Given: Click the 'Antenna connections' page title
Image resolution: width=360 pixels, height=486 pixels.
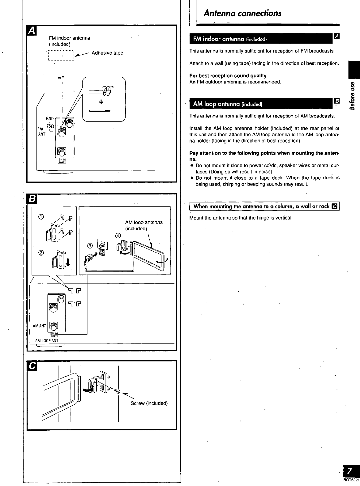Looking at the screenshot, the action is click(242, 13).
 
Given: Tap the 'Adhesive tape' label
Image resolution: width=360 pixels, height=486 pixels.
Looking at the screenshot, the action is click(107, 53).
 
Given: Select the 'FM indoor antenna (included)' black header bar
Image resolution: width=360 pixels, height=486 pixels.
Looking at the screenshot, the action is click(261, 39).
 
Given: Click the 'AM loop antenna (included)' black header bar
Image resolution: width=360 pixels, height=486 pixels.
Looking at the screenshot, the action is click(261, 104).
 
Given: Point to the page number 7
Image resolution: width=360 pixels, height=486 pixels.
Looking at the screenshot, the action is click(350, 471).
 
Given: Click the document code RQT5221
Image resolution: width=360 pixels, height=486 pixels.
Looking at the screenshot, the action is click(352, 480).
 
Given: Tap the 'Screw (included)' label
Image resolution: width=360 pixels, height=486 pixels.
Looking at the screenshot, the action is click(149, 403).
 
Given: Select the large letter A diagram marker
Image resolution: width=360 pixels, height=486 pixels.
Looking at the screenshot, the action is click(32, 31).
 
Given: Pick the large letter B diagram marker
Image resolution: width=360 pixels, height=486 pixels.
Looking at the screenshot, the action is click(32, 199).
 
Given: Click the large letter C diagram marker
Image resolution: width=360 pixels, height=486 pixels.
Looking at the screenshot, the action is click(32, 366).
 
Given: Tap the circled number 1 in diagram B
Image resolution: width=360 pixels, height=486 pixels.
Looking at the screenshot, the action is click(41, 217).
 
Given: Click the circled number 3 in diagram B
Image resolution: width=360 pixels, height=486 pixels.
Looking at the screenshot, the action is click(90, 246).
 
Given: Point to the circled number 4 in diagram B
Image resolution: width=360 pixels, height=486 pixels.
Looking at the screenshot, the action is click(118, 236).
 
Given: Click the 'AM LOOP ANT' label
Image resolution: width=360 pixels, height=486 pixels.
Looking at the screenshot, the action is click(47, 341).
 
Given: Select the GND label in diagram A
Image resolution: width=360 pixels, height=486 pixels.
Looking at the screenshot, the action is click(50, 118).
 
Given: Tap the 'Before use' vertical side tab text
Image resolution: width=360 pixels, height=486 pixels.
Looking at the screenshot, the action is click(352, 96).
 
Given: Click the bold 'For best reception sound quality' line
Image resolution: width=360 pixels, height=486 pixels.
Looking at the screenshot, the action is click(228, 76).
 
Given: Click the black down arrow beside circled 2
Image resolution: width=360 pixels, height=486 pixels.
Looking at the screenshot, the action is click(68, 262).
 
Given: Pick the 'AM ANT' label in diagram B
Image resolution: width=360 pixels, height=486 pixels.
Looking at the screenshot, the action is click(39, 326).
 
